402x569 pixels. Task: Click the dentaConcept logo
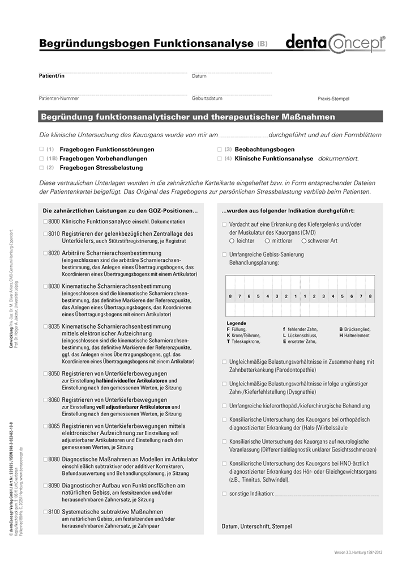[334, 43]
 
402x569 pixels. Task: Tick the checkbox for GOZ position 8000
[45, 222]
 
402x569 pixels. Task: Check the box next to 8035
[45, 327]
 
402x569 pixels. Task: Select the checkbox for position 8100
[45, 512]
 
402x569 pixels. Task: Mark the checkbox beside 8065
[45, 426]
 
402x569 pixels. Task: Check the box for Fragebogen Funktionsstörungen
[41, 150]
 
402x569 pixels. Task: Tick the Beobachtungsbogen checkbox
[220, 150]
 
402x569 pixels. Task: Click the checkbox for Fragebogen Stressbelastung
[41, 168]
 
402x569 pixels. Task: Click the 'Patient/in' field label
[52, 75]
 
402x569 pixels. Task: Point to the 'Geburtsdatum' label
[207, 98]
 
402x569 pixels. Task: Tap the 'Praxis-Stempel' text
[333, 99]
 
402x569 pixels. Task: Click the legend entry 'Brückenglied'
[357, 329]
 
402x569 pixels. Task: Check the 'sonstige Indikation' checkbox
[224, 494]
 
